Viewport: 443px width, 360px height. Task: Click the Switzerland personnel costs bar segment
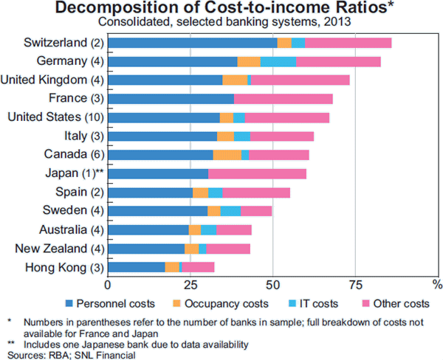pyautogui.click(x=193, y=44)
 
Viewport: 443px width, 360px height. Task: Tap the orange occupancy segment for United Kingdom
pyautogui.click(x=235, y=80)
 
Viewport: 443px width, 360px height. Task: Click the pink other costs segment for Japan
pyautogui.click(x=257, y=174)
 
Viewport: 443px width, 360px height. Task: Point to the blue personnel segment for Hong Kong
pyautogui.click(x=137, y=267)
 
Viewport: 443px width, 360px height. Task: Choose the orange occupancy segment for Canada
pyautogui.click(x=227, y=155)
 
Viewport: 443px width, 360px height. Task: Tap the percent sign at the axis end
pyautogui.click(x=436, y=283)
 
